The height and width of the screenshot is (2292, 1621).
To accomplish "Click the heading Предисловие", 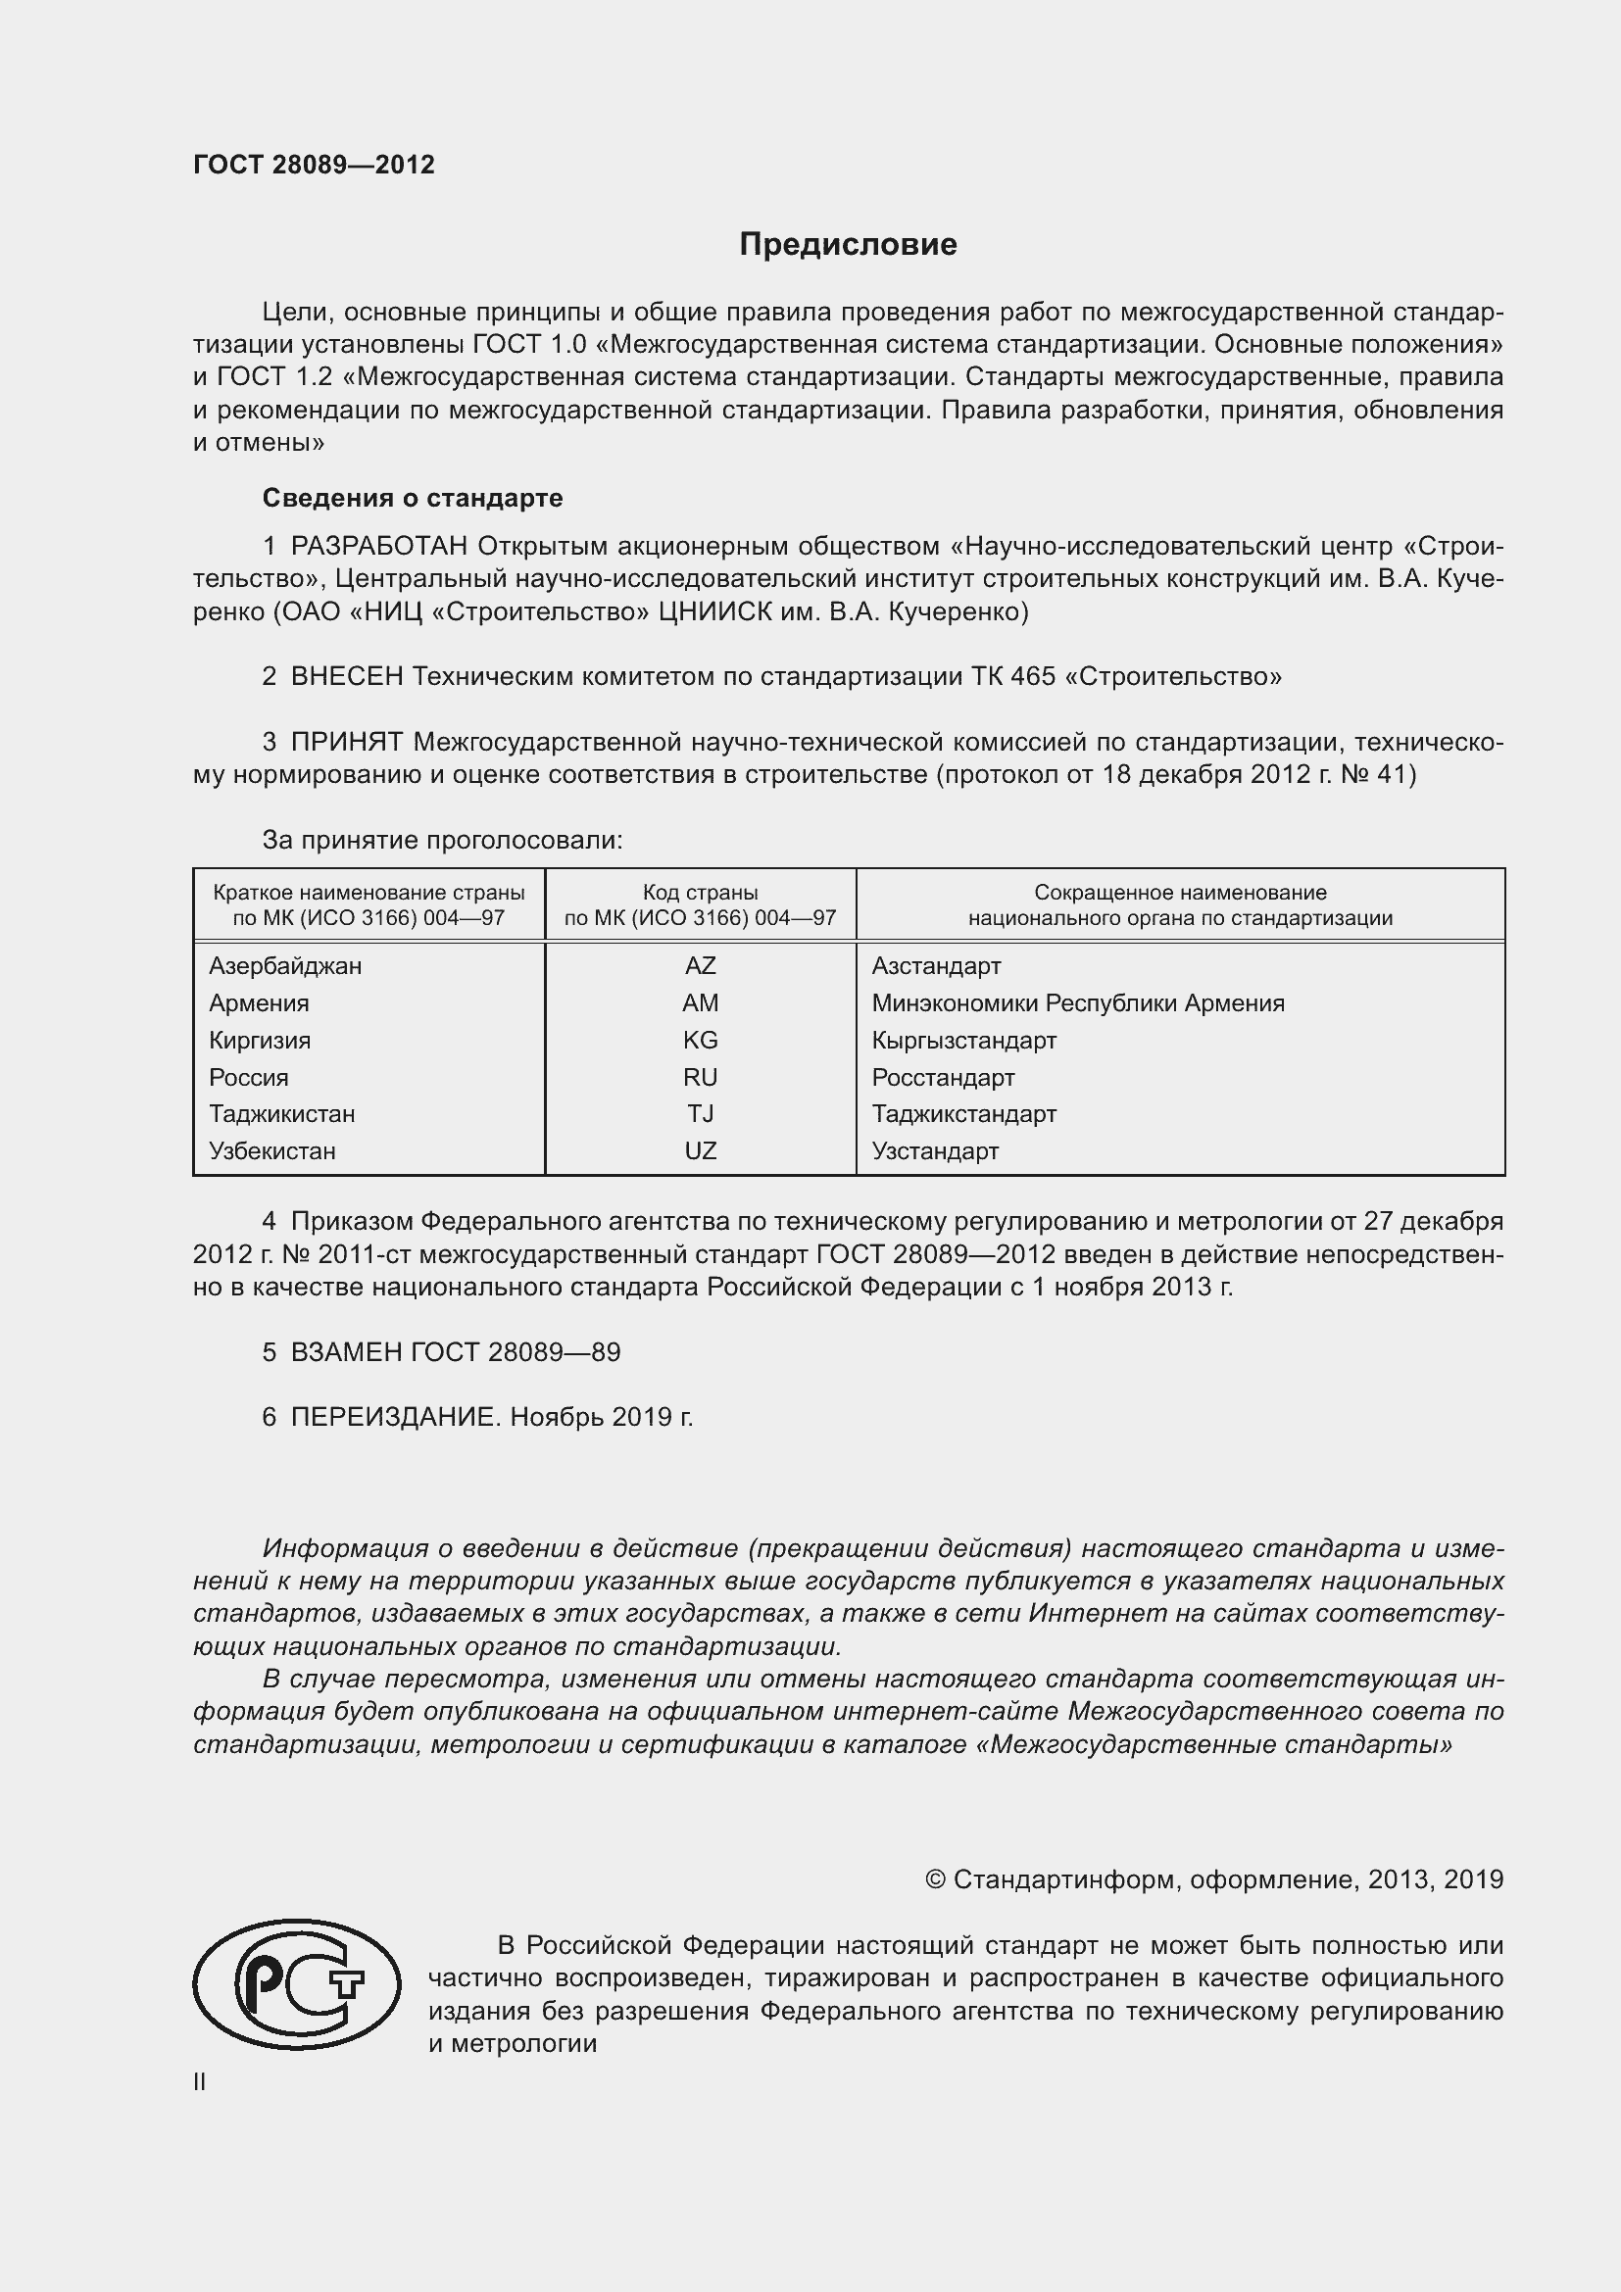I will coord(848,245).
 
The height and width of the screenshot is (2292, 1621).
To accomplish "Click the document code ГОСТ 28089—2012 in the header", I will coord(314,165).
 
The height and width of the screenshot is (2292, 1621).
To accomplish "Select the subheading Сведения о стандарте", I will coord(413,497).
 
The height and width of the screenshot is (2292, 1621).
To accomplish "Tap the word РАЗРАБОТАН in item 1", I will coord(379,546).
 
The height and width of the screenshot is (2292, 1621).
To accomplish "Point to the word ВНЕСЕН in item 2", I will coord(346,677).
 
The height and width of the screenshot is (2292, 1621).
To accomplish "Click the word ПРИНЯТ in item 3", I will coord(346,742).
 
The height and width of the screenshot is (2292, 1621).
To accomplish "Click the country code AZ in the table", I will coord(700,966).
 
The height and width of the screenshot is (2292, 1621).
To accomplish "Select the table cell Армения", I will coord(259,1003).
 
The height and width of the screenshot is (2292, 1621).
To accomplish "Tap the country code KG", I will coord(700,1041).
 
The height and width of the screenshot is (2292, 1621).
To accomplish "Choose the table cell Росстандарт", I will coord(942,1078).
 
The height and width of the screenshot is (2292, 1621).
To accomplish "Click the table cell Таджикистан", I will coord(281,1114).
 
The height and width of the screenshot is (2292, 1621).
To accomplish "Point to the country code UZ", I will coord(700,1151).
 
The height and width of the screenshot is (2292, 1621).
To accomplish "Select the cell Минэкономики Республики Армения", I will coord(1077,1003).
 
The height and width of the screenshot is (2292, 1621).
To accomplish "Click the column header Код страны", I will coord(700,893).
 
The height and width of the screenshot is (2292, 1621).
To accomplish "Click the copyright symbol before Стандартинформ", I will coord(934,1880).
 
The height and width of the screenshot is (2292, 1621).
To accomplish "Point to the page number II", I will coord(200,2082).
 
